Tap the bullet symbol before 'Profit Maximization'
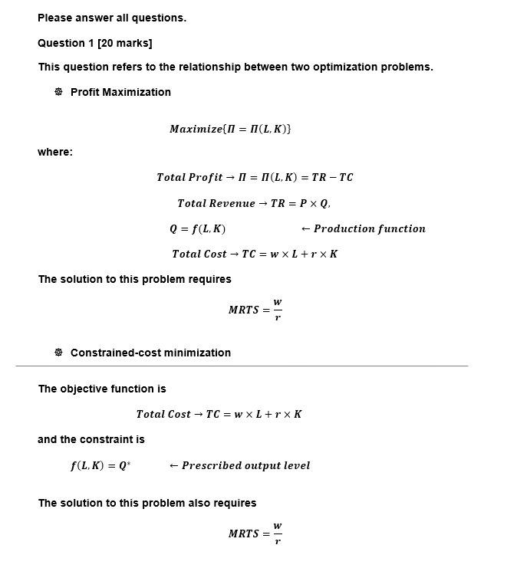[58, 92]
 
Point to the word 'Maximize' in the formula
[195, 129]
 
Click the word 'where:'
[55, 152]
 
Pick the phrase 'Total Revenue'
[216, 203]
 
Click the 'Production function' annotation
[369, 228]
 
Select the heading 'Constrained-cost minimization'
[150, 353]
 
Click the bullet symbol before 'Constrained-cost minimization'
[58, 353]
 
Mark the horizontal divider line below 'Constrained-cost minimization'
[242, 366]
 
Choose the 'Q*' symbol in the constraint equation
[124, 465]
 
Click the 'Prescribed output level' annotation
[245, 465]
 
